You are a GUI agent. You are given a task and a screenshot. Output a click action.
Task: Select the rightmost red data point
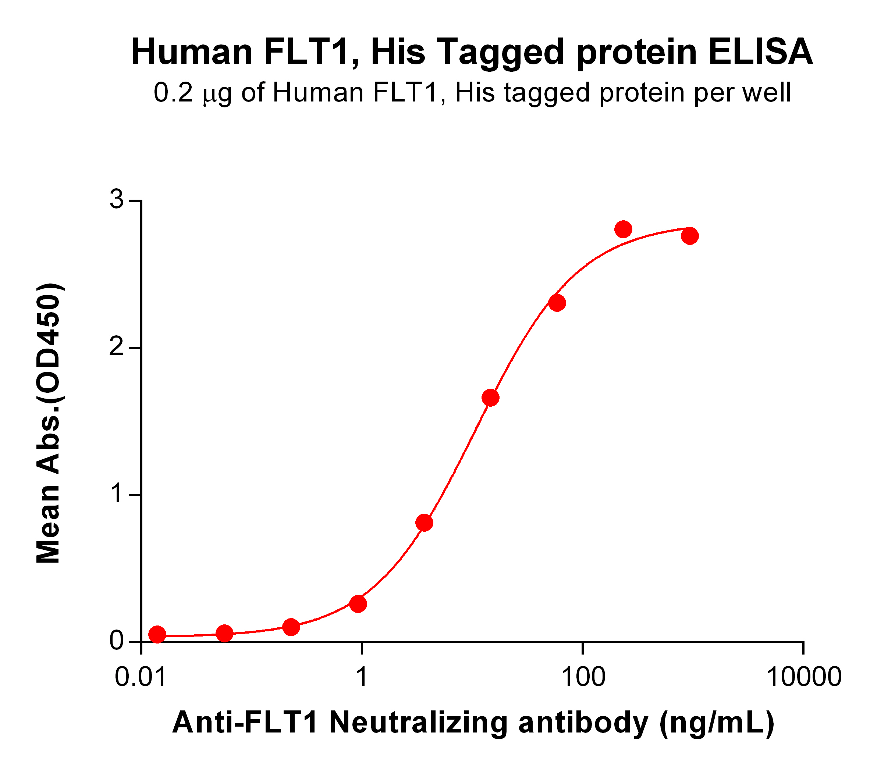690,236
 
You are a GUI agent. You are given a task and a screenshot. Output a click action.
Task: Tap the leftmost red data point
157,634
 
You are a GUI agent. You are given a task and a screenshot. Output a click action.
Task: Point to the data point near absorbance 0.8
424,523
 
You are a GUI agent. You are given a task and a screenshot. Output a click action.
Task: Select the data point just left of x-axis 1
358,604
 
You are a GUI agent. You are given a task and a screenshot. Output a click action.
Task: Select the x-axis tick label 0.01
141,677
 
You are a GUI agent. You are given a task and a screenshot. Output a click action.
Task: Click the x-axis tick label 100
583,677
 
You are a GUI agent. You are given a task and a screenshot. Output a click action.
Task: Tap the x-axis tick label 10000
803,677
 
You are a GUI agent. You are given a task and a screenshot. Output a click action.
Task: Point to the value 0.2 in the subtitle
173,93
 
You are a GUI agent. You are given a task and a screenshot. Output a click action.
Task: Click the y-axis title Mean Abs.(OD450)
49,423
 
